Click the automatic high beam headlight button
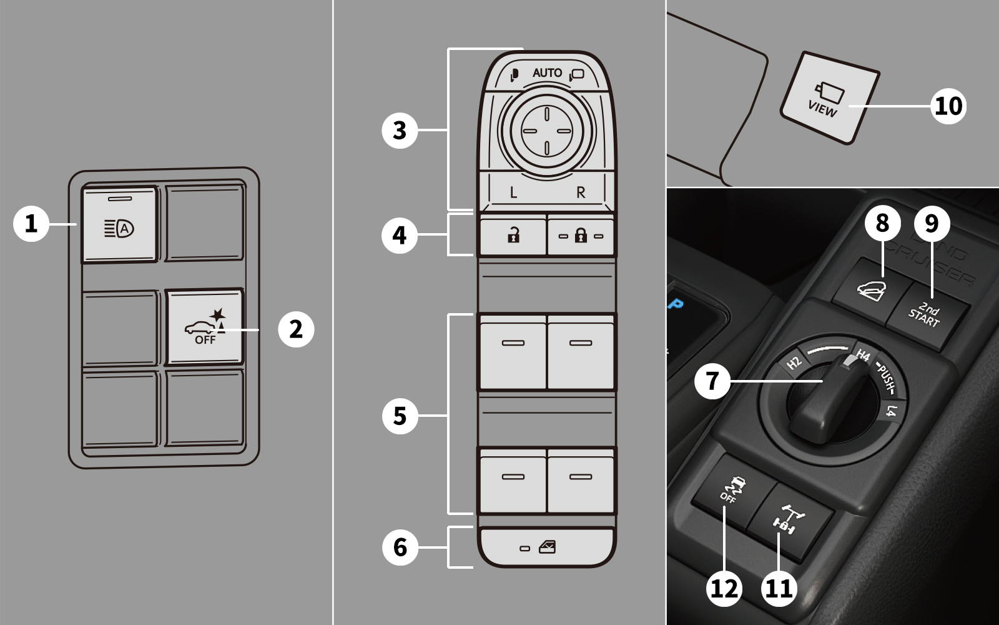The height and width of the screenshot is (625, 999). coord(119,224)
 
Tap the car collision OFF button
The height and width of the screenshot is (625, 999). coord(205,327)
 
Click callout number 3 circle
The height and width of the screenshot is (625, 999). coord(400,131)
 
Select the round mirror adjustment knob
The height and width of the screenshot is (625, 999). coord(547,131)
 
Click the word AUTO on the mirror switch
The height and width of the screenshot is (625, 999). coord(547,72)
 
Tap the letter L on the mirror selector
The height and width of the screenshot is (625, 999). coord(513,192)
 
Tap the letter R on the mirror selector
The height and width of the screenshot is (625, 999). coord(581,192)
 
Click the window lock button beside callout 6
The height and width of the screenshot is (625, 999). coord(547,547)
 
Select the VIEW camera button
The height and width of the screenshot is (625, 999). coord(830,98)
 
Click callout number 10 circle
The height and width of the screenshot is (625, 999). coord(948,106)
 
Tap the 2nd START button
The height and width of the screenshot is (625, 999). coord(928,315)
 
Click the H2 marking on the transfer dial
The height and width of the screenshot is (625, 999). coord(794,363)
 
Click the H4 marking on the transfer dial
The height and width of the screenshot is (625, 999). coord(864,356)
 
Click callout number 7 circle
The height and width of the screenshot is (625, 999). coord(712,381)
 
